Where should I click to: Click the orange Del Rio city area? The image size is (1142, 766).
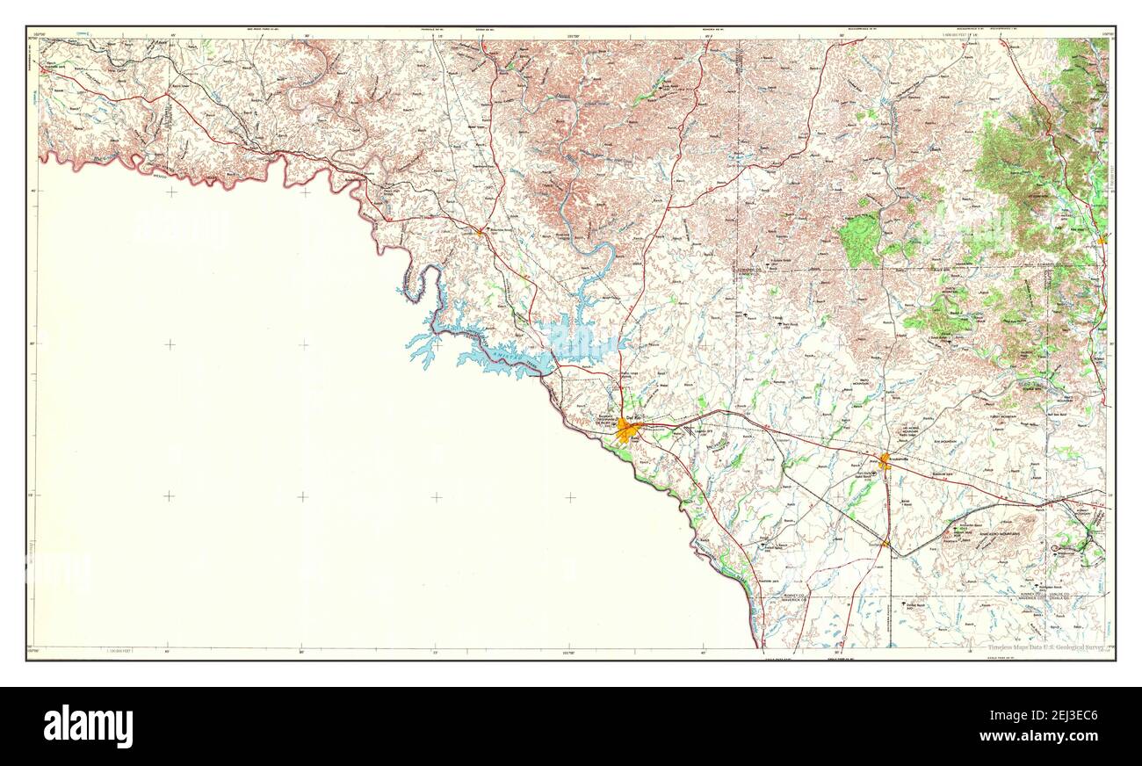627,430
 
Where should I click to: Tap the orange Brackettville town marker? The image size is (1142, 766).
885,459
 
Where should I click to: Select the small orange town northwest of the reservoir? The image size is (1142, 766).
479,232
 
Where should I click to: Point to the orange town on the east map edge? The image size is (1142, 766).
1102,238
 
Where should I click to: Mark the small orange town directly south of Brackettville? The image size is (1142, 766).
885,545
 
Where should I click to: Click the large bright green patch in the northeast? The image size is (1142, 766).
859,239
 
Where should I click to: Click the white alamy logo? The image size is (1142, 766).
88,726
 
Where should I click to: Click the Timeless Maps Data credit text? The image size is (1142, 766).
1046,648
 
